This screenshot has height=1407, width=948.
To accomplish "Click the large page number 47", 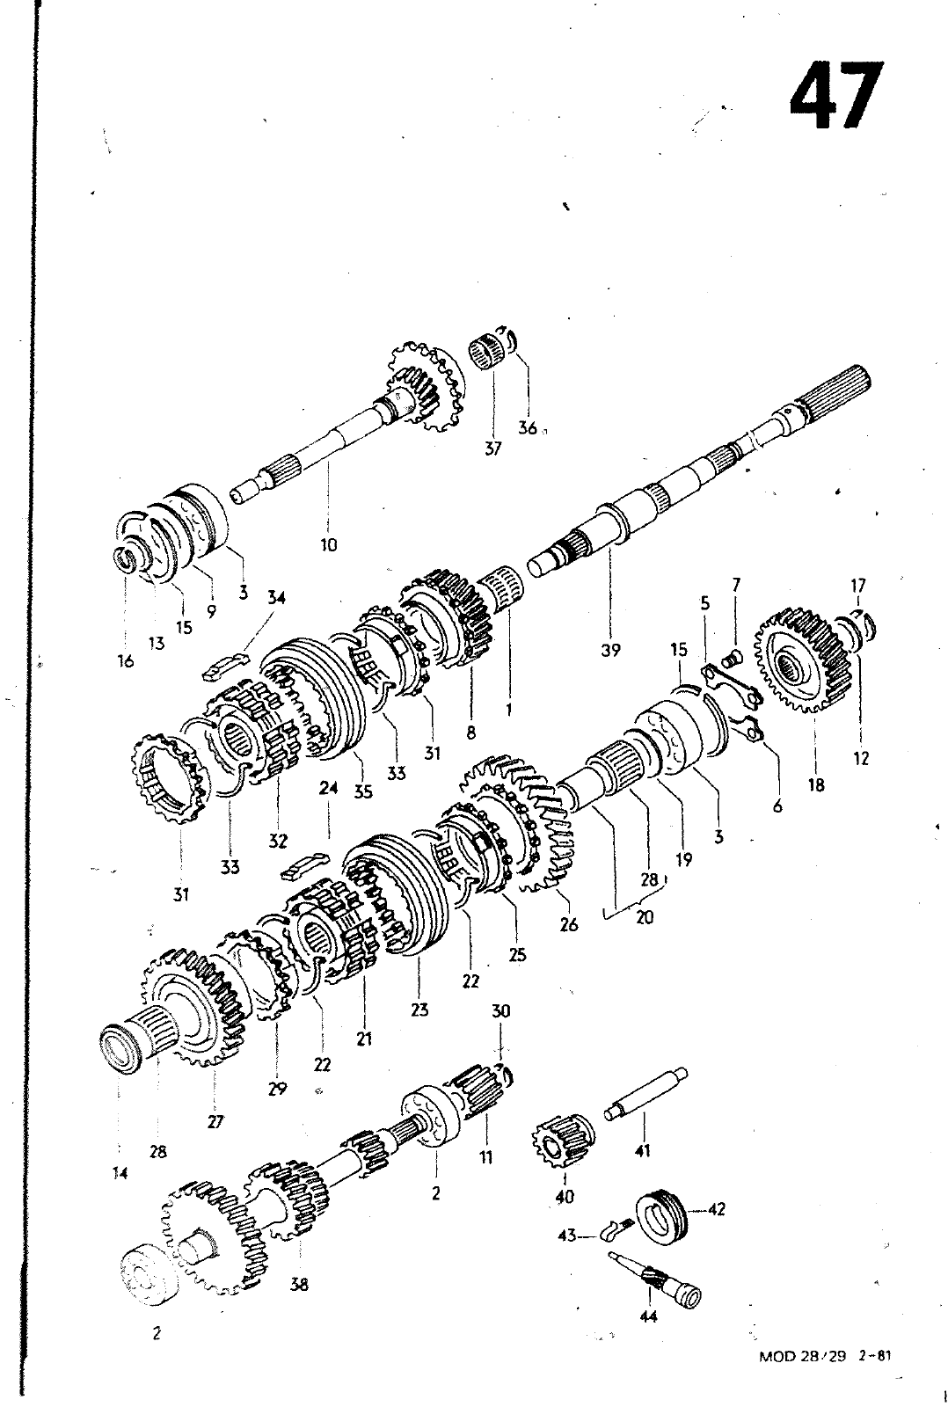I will click(x=835, y=95).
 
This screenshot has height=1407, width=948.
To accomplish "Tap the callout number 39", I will click(x=610, y=650).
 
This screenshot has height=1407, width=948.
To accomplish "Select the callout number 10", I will click(x=328, y=544).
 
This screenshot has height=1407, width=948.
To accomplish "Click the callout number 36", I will click(x=528, y=428).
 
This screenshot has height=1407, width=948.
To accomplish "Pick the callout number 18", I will click(x=816, y=785).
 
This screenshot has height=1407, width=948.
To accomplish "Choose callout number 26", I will click(x=569, y=925).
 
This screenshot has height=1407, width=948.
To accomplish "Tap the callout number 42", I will click(x=716, y=1209).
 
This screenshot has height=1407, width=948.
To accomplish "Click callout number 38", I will click(x=299, y=1284).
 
